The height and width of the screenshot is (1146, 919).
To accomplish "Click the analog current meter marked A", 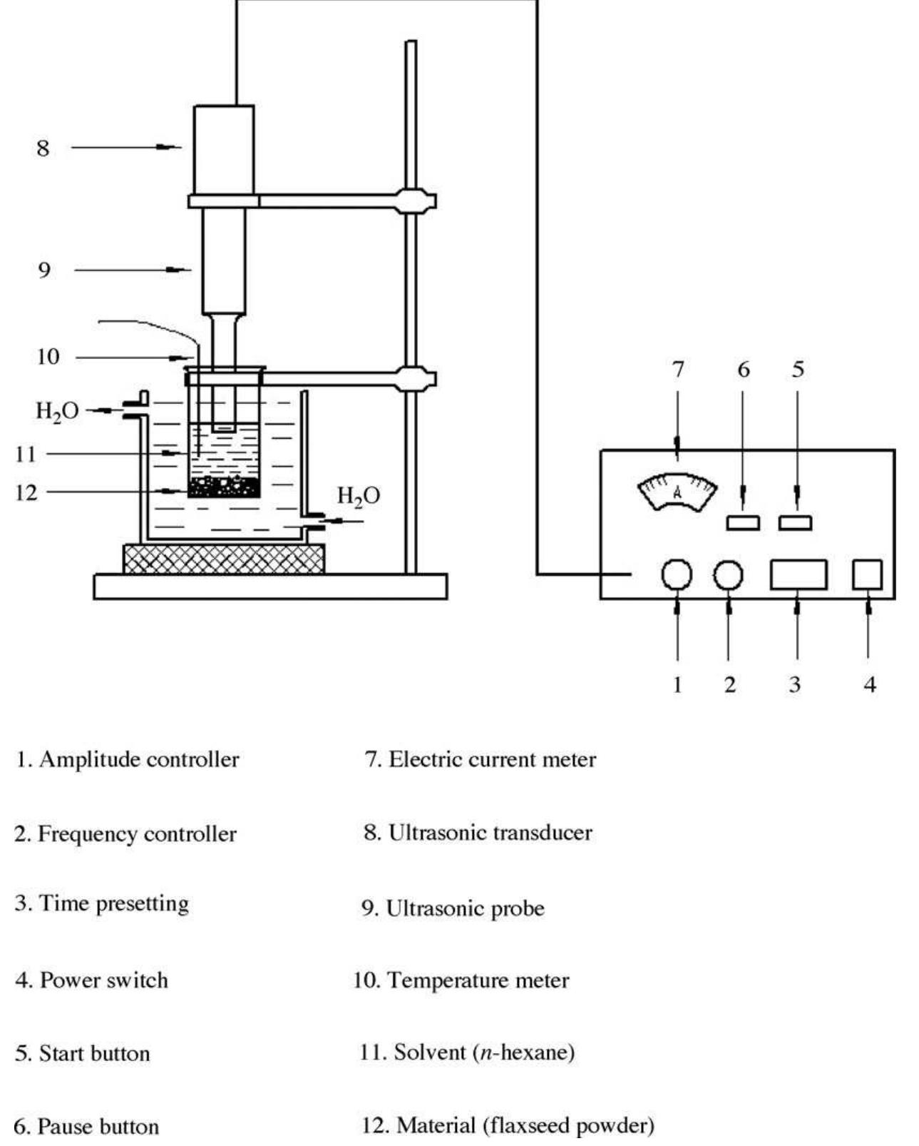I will (x=677, y=492).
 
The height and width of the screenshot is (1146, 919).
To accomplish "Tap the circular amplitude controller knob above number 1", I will (x=676, y=574).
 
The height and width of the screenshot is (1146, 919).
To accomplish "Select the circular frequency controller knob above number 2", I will (x=728, y=574).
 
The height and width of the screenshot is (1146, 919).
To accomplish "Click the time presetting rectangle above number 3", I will (x=798, y=574).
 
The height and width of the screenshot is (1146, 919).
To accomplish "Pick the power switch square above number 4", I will (x=867, y=574).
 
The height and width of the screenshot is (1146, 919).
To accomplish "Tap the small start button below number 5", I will (x=795, y=523).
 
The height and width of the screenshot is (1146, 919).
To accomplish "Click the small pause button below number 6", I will (x=742, y=523).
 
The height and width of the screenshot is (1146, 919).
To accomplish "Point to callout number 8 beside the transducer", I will (x=43, y=148).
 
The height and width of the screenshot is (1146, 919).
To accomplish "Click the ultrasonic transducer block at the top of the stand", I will (x=224, y=148).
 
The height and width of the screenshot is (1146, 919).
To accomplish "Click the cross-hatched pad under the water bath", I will (x=224, y=559).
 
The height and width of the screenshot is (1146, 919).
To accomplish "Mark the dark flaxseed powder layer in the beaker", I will (x=224, y=487).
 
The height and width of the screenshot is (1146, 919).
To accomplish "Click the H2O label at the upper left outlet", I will (x=57, y=411).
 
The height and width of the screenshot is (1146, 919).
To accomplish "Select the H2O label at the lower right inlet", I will (x=358, y=495).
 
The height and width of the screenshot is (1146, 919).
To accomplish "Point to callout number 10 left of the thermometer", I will (x=48, y=357).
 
